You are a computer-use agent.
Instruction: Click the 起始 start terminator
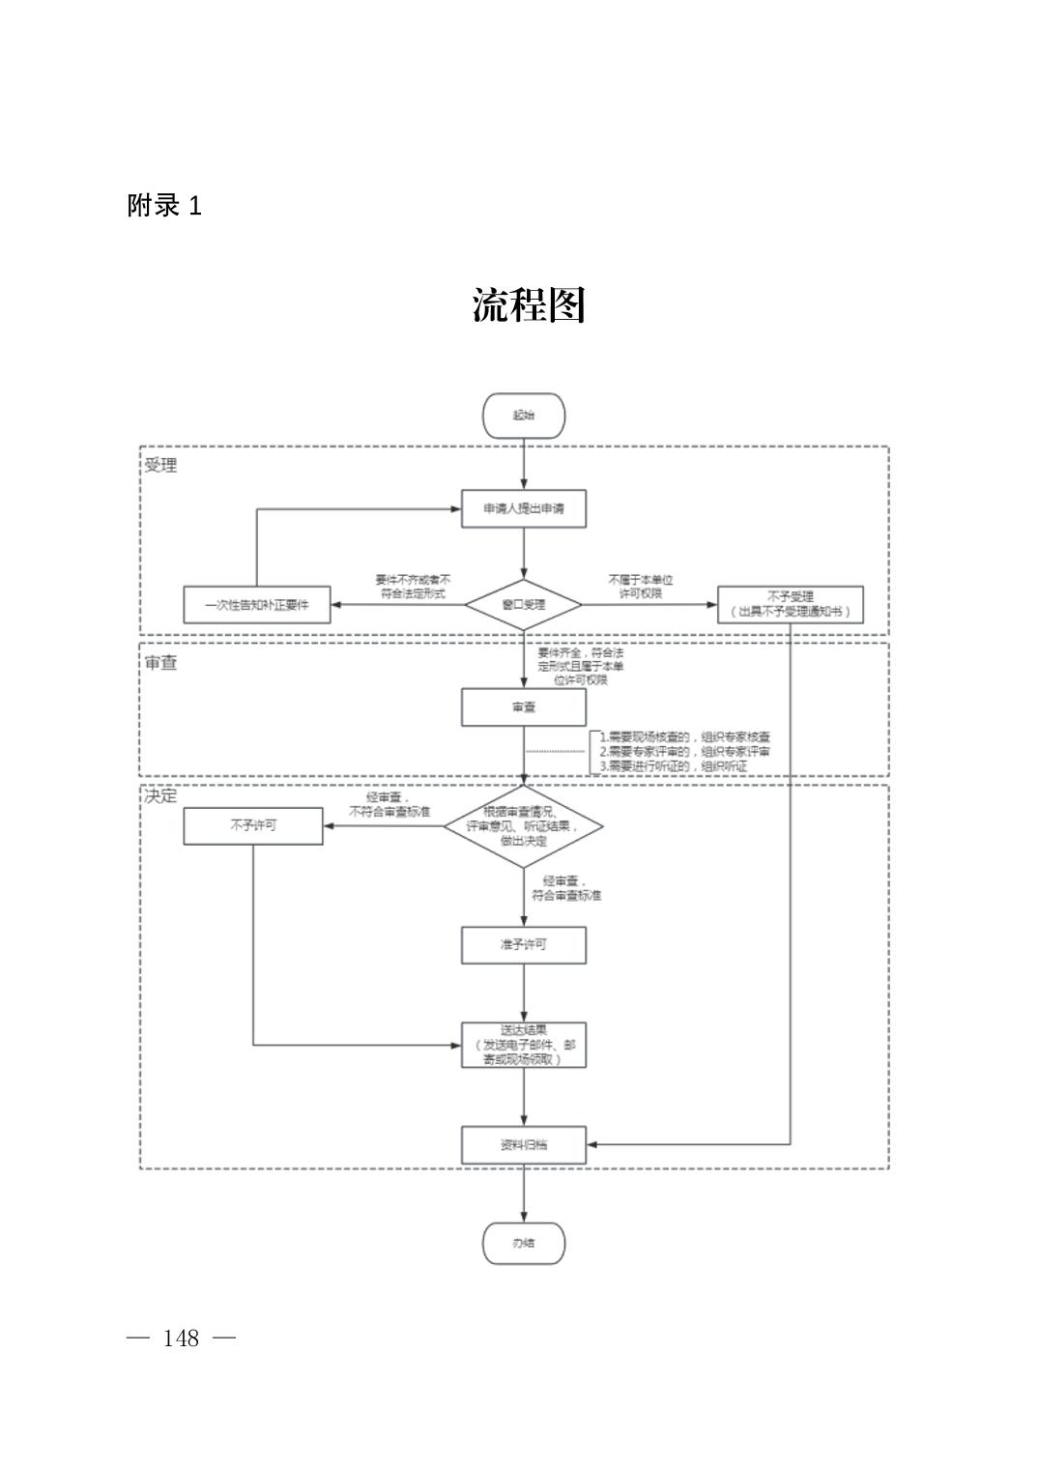523,416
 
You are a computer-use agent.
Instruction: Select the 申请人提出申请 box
523,508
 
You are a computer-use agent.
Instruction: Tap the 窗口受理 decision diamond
523,605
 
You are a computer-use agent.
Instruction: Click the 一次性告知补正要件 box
257,605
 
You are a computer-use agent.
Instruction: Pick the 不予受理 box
790,604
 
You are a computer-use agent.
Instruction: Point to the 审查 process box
523,707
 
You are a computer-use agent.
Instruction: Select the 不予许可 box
253,826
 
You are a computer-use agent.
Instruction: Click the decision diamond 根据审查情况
523,826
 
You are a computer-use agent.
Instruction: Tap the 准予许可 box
523,944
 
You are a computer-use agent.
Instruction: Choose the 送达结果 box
523,1045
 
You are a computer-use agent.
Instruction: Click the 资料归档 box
523,1144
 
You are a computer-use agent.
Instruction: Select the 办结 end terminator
523,1243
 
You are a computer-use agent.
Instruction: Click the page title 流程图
529,305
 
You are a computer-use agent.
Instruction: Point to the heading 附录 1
164,206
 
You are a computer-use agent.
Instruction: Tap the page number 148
181,1338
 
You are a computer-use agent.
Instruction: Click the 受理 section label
161,465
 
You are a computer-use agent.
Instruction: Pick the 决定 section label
161,796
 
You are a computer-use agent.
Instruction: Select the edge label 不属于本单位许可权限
640,586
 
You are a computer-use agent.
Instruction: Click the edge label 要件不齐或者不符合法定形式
413,586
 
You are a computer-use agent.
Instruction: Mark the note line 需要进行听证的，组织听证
675,766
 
